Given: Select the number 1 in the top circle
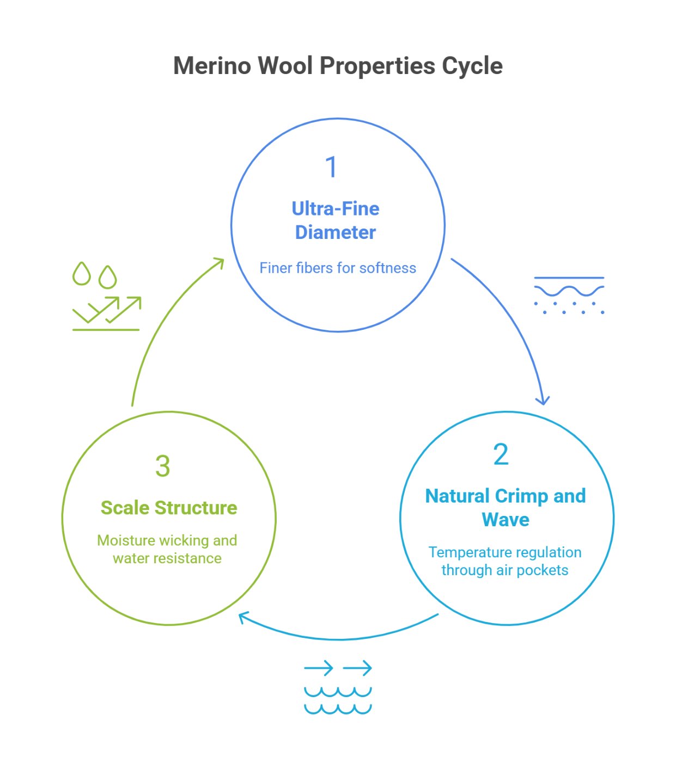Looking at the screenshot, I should tap(331, 167).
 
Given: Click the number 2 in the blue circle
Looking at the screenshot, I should tap(501, 454).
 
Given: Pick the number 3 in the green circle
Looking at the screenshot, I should tap(162, 466).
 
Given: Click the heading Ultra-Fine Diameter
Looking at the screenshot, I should tap(336, 220).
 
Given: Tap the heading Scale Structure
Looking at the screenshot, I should tap(169, 508).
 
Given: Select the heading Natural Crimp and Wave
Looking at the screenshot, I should tap(506, 507).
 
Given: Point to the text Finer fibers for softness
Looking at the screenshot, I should tap(338, 268).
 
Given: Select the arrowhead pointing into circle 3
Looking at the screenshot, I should tap(243, 617).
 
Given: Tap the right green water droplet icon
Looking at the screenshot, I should tap(108, 277).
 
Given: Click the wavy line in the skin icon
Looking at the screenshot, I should tap(569, 291).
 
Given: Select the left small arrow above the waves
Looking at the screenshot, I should tap(319, 668).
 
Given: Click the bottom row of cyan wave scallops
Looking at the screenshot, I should tap(338, 709).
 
